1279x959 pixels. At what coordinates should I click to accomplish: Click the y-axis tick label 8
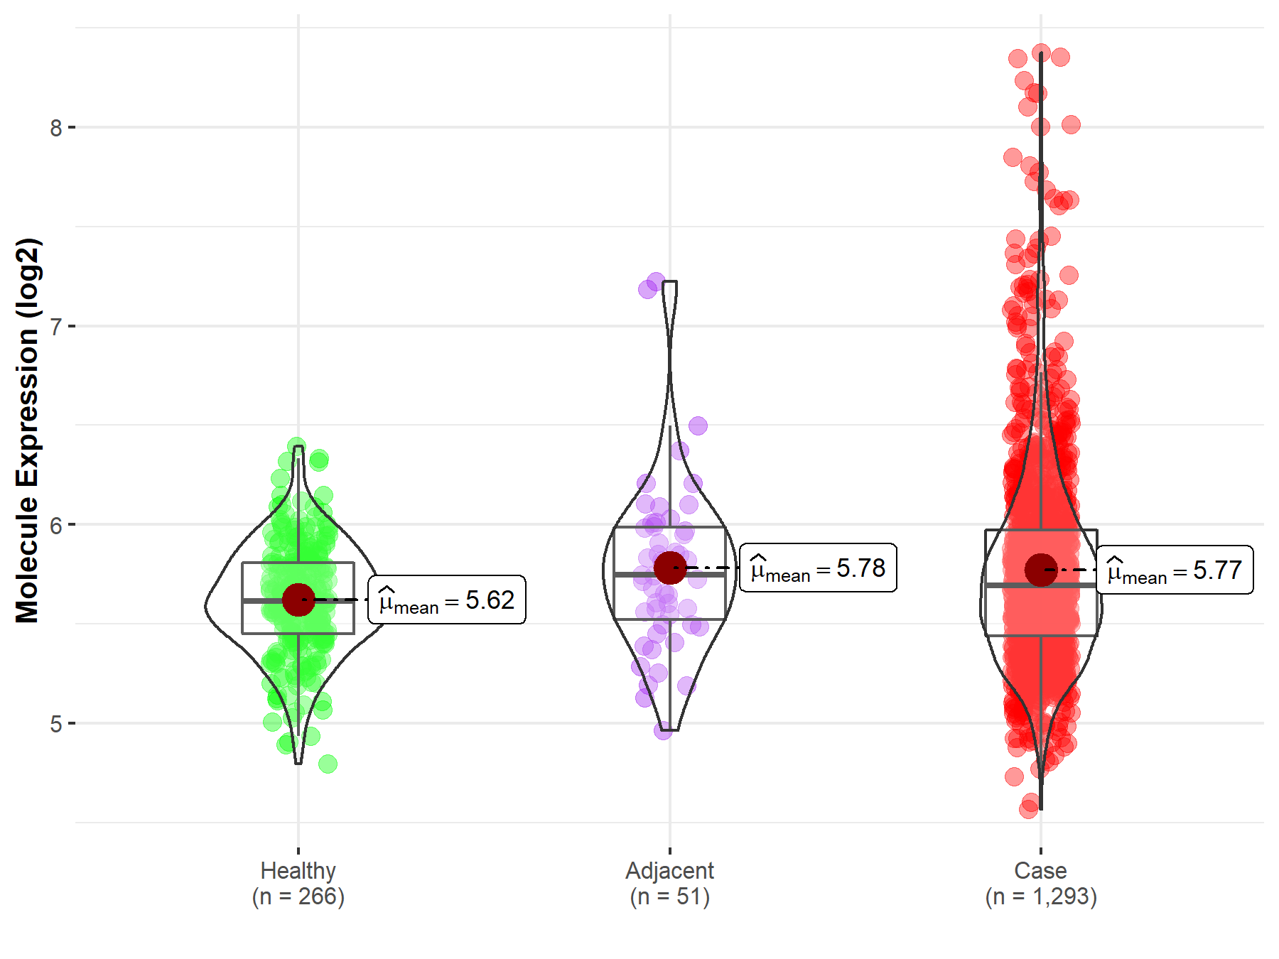click(x=56, y=128)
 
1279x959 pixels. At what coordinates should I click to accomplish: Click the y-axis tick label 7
click(x=56, y=327)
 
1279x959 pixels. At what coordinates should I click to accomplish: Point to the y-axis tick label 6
click(x=56, y=526)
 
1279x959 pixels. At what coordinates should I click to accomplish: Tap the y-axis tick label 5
click(x=56, y=725)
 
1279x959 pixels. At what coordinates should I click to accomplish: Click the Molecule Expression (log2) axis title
click(x=27, y=430)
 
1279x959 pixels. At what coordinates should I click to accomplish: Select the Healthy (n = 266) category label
click(x=298, y=884)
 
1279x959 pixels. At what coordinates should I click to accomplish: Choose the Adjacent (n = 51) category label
click(x=669, y=884)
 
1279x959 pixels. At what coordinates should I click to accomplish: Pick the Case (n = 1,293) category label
click(x=1041, y=884)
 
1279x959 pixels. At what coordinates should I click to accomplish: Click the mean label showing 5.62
click(x=447, y=600)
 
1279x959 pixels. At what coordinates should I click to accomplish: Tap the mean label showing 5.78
click(x=818, y=568)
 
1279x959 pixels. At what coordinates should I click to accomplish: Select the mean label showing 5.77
click(x=1175, y=570)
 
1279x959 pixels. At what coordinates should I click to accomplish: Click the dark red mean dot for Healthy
click(x=298, y=600)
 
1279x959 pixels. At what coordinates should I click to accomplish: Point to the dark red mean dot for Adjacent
click(x=670, y=568)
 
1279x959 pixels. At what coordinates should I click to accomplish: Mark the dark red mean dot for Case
click(x=1041, y=570)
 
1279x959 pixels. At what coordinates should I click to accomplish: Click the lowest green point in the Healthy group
click(x=328, y=764)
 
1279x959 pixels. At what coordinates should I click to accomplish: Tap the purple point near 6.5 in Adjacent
click(x=698, y=426)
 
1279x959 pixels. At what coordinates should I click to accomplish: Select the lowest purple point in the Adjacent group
click(x=663, y=730)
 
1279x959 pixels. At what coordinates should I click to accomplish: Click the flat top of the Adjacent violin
click(x=669, y=282)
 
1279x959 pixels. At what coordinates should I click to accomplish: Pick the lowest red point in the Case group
click(x=1028, y=808)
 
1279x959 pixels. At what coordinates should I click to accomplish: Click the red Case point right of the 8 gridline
click(x=1071, y=125)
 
